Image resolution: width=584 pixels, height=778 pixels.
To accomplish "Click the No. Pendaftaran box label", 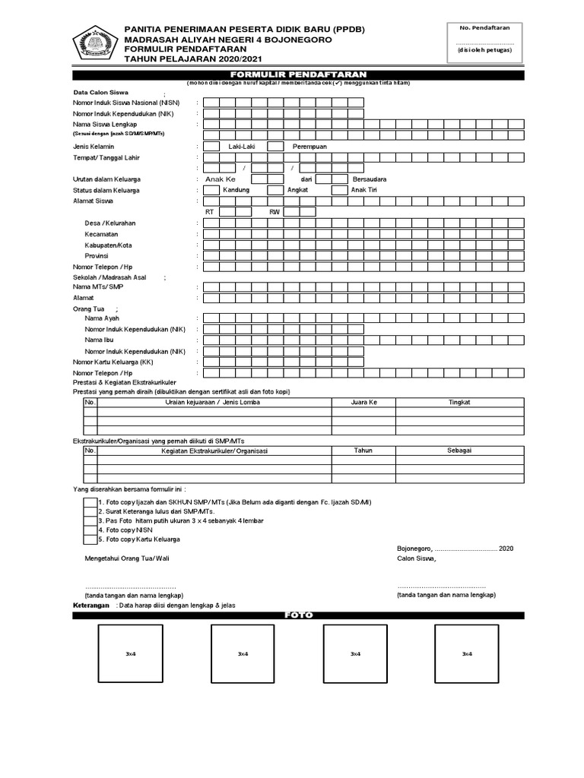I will (484, 27).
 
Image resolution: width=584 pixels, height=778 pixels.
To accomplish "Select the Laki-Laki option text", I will (241, 146).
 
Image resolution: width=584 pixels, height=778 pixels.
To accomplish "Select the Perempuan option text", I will (309, 146).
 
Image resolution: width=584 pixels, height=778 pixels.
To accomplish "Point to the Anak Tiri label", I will (364, 190).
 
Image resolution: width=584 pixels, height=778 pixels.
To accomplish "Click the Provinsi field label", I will (97, 256).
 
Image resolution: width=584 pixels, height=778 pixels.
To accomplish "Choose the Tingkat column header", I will (459, 403).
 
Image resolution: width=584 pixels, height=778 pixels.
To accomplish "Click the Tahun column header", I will (363, 451).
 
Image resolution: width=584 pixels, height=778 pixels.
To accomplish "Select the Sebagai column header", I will (459, 451).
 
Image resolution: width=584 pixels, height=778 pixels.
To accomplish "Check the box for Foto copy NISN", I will (90, 530).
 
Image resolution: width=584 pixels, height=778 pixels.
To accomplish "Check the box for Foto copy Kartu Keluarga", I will (90, 539).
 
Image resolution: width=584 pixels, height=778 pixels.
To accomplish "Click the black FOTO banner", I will (299, 615).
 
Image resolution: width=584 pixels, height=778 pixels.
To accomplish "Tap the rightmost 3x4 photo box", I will (465, 654).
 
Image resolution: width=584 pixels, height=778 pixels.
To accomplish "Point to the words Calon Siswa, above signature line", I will (417, 558).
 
